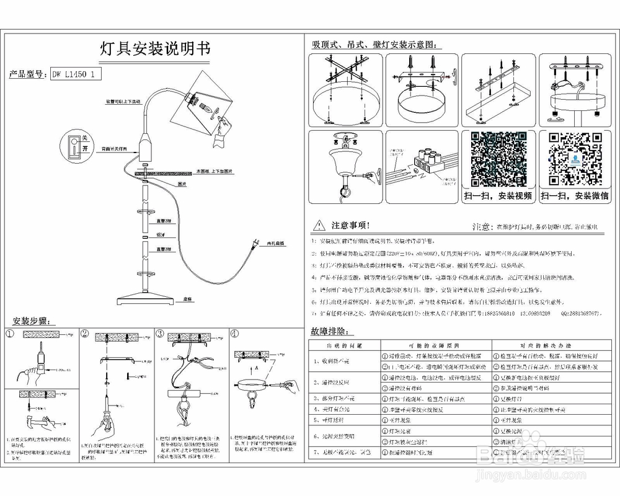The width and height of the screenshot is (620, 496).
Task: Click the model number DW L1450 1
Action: (x=74, y=74)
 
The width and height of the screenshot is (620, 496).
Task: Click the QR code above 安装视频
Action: (x=498, y=159)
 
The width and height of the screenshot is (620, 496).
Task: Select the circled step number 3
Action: (x=160, y=333)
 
